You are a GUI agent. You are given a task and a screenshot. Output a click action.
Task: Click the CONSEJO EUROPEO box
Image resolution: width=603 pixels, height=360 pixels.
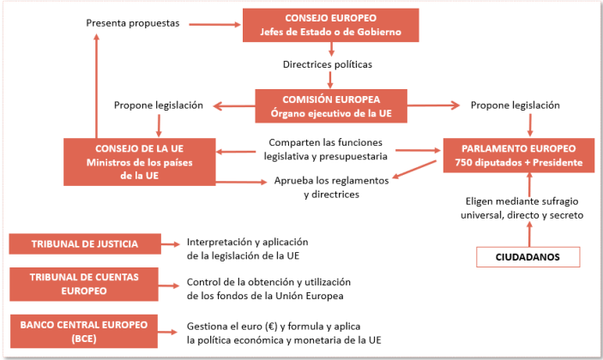(331, 25)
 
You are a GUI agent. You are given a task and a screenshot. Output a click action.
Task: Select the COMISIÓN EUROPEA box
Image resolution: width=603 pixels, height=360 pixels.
(331, 106)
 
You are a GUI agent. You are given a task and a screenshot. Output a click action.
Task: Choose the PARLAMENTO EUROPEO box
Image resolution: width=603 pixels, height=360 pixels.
(513, 156)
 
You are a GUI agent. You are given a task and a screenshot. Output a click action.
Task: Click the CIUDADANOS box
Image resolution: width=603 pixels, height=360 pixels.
(528, 256)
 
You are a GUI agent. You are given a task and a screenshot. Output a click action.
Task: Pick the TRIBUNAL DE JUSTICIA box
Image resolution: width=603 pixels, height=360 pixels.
(85, 243)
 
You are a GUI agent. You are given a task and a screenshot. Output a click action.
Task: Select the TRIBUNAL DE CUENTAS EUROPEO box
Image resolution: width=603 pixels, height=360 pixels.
(85, 284)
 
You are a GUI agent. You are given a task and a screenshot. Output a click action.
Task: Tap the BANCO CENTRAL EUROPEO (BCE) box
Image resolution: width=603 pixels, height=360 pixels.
(85, 330)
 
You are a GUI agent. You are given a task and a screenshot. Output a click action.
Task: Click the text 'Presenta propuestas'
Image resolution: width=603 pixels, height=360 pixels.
(133, 23)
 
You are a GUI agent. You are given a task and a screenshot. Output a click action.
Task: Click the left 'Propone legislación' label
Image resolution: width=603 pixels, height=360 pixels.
(159, 105)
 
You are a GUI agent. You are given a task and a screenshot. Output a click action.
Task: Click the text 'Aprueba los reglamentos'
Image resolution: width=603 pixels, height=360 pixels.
(331, 181)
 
